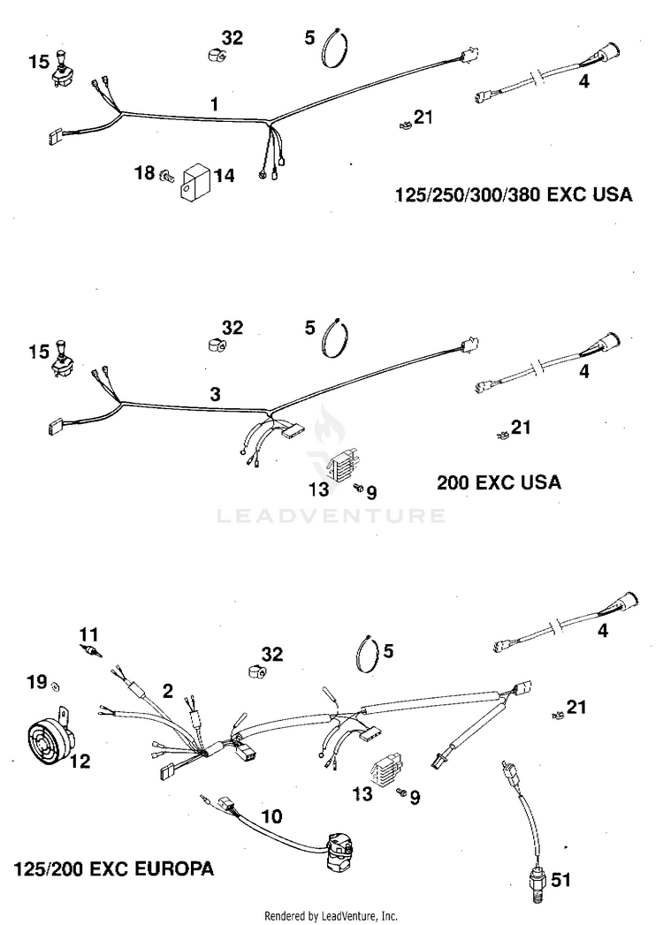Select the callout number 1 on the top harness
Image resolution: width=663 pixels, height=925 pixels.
coord(213,105)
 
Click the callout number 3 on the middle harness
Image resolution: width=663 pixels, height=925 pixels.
coord(215,394)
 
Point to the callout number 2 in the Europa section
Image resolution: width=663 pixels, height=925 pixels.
coord(167,690)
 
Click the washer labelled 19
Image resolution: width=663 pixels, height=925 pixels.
coord(56,685)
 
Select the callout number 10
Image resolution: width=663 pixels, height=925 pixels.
coord(272,816)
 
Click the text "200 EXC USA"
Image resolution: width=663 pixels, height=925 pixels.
coord(499,482)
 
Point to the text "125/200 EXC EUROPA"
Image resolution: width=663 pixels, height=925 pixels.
coord(113,868)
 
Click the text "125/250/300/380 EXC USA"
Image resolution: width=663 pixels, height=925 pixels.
coord(513,195)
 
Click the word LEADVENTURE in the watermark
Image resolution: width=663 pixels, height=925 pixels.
coord(331,515)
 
